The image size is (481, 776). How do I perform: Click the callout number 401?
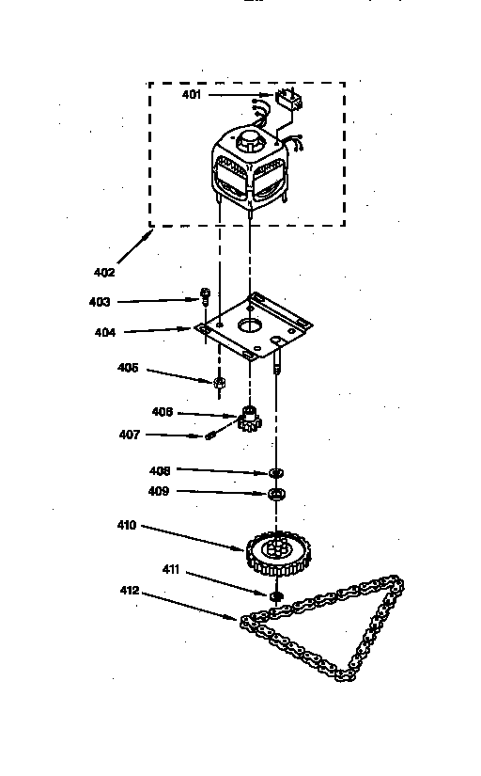pyautogui.click(x=192, y=94)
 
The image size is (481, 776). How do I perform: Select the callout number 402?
pyautogui.click(x=104, y=272)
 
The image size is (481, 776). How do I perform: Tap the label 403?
pyautogui.click(x=100, y=302)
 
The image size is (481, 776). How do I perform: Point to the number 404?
pyautogui.click(x=105, y=332)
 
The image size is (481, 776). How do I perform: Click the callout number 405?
pyautogui.click(x=128, y=368)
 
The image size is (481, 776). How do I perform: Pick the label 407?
pyautogui.click(x=130, y=435)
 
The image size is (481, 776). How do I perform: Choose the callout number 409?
pyautogui.click(x=159, y=491)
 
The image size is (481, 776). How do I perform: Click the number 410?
pyautogui.click(x=127, y=525)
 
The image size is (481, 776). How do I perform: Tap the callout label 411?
pyautogui.click(x=171, y=570)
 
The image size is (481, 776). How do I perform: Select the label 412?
pyautogui.click(x=130, y=591)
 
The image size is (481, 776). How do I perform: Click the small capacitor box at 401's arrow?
pyautogui.click(x=288, y=99)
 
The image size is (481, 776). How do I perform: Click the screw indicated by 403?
pyautogui.click(x=204, y=297)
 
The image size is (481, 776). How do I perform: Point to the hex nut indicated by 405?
pyautogui.click(x=219, y=383)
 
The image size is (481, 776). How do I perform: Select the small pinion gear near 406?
pyautogui.click(x=250, y=419)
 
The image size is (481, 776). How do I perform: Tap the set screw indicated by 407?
pyautogui.click(x=209, y=436)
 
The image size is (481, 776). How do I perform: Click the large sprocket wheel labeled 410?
pyautogui.click(x=278, y=553)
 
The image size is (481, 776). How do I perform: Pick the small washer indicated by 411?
pyautogui.click(x=277, y=595)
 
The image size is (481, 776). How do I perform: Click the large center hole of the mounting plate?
pyautogui.click(x=251, y=325)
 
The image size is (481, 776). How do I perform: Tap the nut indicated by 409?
pyautogui.click(x=276, y=494)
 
